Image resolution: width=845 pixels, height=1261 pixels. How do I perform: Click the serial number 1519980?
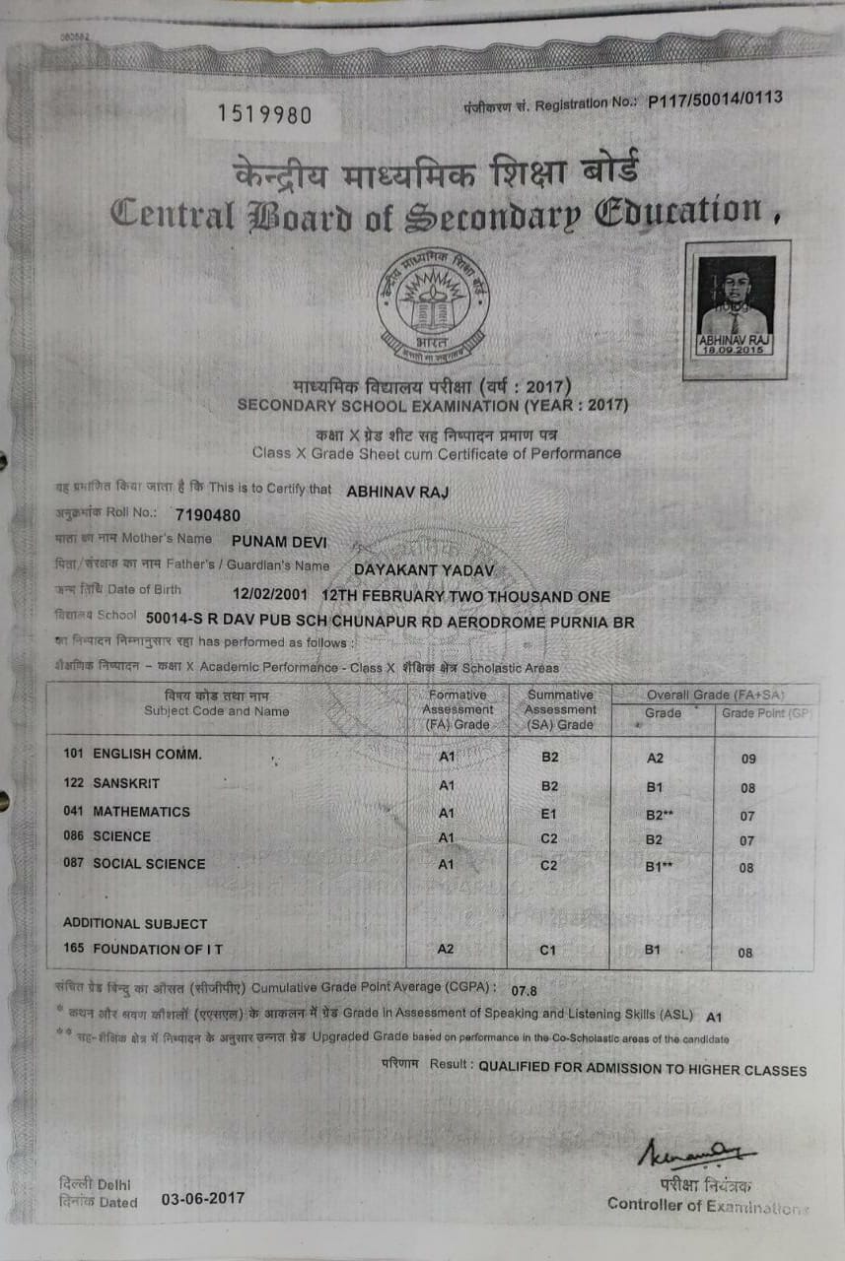(x=263, y=115)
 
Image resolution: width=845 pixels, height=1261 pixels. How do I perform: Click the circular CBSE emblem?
(x=436, y=306)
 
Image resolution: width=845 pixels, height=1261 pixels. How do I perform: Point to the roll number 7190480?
(x=207, y=514)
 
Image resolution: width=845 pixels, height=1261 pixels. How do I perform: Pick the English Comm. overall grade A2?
(x=655, y=758)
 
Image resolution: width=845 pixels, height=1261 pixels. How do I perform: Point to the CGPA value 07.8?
(x=525, y=990)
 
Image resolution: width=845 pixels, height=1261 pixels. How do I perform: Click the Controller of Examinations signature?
(x=697, y=1154)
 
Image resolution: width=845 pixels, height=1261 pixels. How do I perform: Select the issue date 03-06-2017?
(x=202, y=1199)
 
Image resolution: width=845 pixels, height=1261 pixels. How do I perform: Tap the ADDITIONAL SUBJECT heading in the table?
(x=135, y=924)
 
